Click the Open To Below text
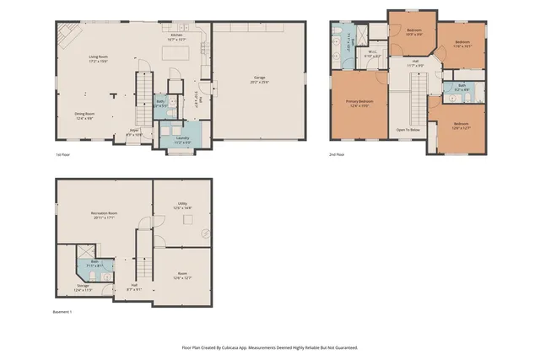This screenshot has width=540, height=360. (409, 129)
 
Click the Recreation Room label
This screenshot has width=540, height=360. (103, 214)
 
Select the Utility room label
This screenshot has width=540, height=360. (181, 204)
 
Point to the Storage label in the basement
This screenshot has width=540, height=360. (82, 286)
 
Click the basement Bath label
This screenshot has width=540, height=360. (95, 262)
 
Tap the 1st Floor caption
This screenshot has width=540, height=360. (63, 155)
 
